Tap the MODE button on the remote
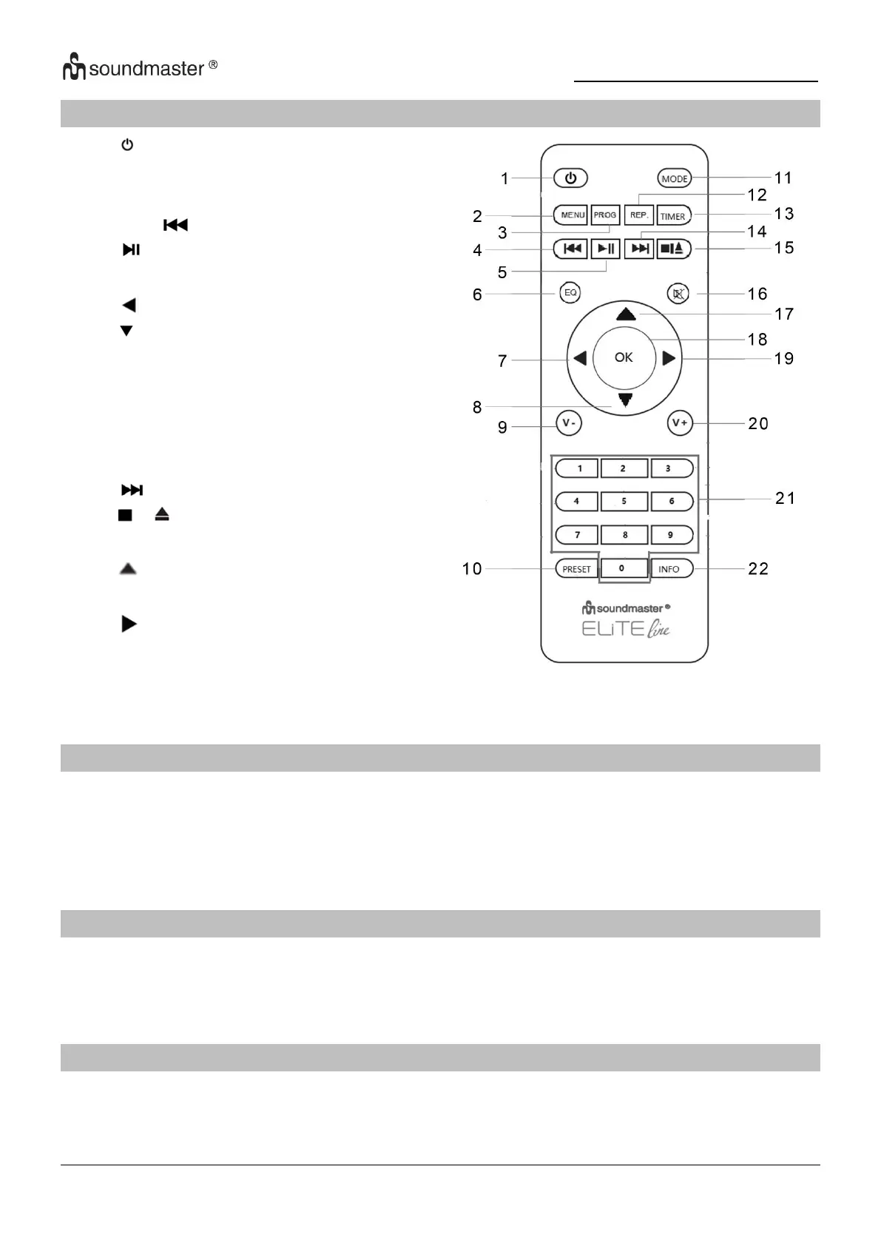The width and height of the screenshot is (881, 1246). point(674,178)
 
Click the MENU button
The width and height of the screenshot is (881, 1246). point(571,215)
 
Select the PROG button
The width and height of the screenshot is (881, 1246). point(605,215)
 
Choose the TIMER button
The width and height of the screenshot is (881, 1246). point(673,216)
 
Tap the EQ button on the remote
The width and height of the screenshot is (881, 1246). point(570,293)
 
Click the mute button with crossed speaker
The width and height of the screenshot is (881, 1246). point(678,294)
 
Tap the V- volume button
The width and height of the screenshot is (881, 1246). point(569,423)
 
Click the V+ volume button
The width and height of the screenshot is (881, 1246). point(680,423)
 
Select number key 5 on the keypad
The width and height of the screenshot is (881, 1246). point(624,501)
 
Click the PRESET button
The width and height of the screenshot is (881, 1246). point(576,569)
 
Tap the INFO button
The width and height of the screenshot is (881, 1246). point(670,569)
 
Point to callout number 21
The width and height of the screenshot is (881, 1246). point(785,499)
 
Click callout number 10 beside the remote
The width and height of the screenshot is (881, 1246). point(472,569)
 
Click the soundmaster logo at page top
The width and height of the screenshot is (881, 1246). point(140,68)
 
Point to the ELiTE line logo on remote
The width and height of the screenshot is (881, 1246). point(626,630)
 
